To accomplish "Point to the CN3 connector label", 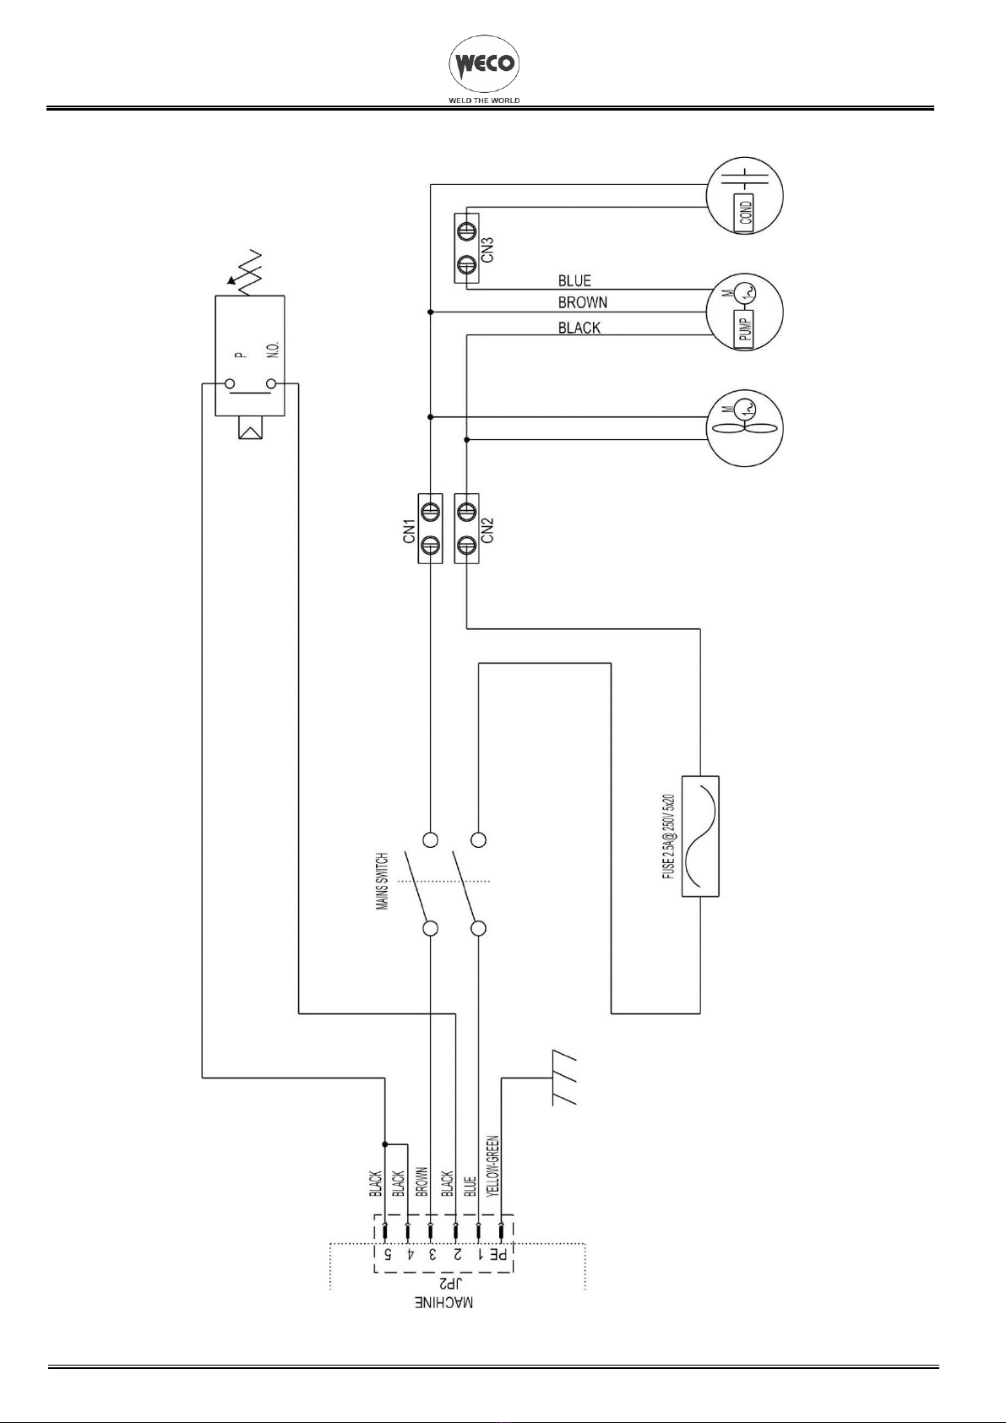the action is (487, 249).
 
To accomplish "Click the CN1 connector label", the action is (410, 530).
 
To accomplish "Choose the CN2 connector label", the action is (487, 530).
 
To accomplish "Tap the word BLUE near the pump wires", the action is (574, 280).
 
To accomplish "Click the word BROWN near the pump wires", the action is (583, 302).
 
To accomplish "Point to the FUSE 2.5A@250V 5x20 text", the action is (668, 836).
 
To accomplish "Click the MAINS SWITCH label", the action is (383, 881).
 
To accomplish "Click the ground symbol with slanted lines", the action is (564, 1082).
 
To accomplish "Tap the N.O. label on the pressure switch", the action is (274, 347).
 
